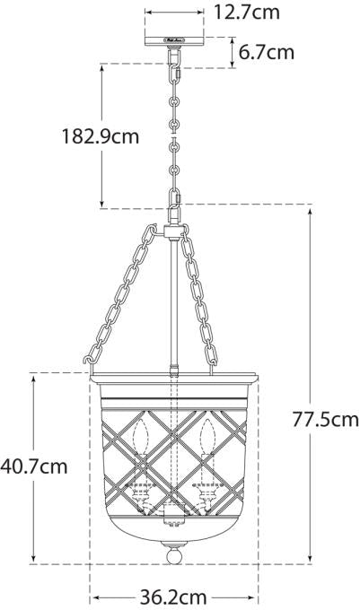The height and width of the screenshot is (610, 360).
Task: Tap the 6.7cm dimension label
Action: tap(266, 52)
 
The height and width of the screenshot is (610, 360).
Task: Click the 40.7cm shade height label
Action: tap(34, 466)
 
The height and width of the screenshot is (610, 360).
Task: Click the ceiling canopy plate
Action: tap(174, 40)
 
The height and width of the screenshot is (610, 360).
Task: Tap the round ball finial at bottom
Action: tap(174, 553)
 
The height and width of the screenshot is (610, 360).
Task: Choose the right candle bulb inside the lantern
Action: tap(208, 440)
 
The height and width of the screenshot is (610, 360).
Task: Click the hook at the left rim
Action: tap(88, 361)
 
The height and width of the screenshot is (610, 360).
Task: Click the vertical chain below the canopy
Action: tap(174, 126)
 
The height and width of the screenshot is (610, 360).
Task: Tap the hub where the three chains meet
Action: tap(174, 231)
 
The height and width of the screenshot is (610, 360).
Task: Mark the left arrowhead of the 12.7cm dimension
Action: tap(148, 13)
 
